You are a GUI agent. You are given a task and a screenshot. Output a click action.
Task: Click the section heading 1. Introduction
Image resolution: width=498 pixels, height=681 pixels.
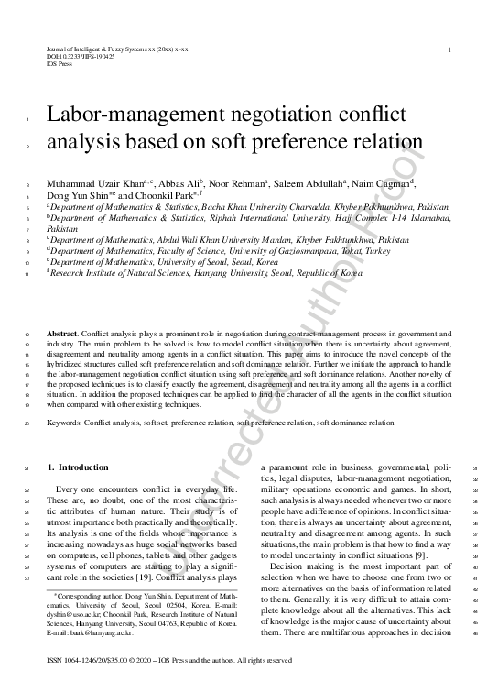coord(78,467)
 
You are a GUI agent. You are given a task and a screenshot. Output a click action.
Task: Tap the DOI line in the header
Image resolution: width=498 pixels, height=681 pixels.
coord(81,57)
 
